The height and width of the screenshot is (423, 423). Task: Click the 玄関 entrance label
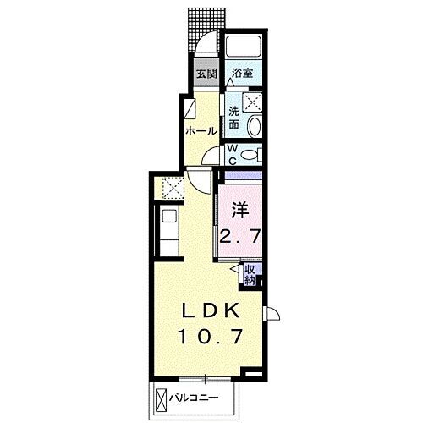pyautogui.click(x=206, y=74)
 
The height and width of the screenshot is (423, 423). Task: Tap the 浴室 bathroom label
pyautogui.click(x=242, y=74)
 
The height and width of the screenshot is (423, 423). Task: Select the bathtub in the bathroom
pyautogui.click(x=244, y=48)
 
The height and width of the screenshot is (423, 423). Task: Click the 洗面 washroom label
pyautogui.click(x=234, y=118)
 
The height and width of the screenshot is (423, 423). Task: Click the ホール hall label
pyautogui.click(x=201, y=132)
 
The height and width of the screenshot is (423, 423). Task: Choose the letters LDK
pyautogui.click(x=211, y=310)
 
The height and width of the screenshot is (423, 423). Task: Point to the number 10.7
pyautogui.click(x=211, y=336)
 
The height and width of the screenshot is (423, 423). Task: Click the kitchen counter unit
pyautogui.click(x=168, y=230)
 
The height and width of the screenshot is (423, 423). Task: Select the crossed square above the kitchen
pyautogui.click(x=170, y=186)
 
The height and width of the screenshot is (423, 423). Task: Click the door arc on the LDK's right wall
pyautogui.click(x=273, y=315)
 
